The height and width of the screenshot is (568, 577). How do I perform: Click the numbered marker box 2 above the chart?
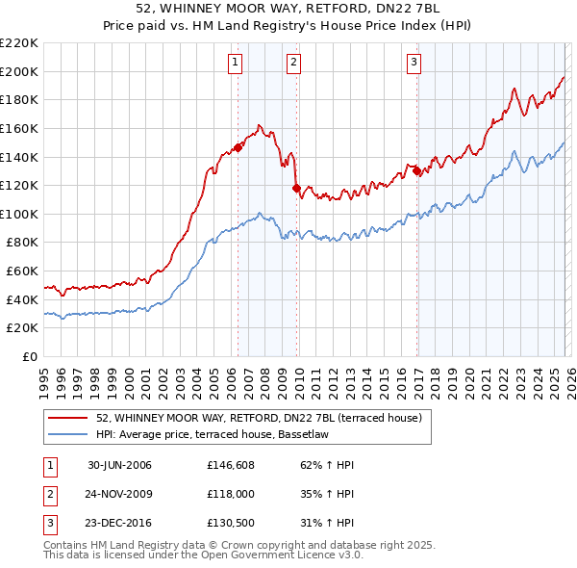[293, 64]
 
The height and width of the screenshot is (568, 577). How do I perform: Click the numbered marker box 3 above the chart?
[414, 64]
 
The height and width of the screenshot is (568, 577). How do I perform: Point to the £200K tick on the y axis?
[19, 71]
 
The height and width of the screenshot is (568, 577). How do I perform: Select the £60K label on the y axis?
[23, 271]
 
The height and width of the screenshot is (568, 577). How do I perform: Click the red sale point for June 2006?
[238, 147]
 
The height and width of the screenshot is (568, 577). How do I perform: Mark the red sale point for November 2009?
[296, 189]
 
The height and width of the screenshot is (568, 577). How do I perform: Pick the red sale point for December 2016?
[417, 170]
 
